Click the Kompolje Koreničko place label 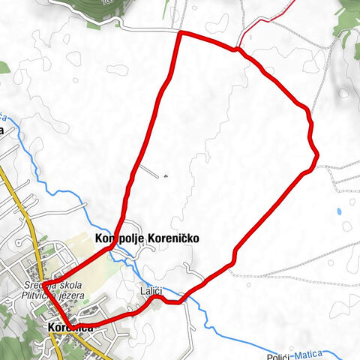(x=147, y=238)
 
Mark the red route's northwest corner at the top (x=178, y=34)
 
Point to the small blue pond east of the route (x=346, y=226)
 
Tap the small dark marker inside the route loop (x=164, y=176)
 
